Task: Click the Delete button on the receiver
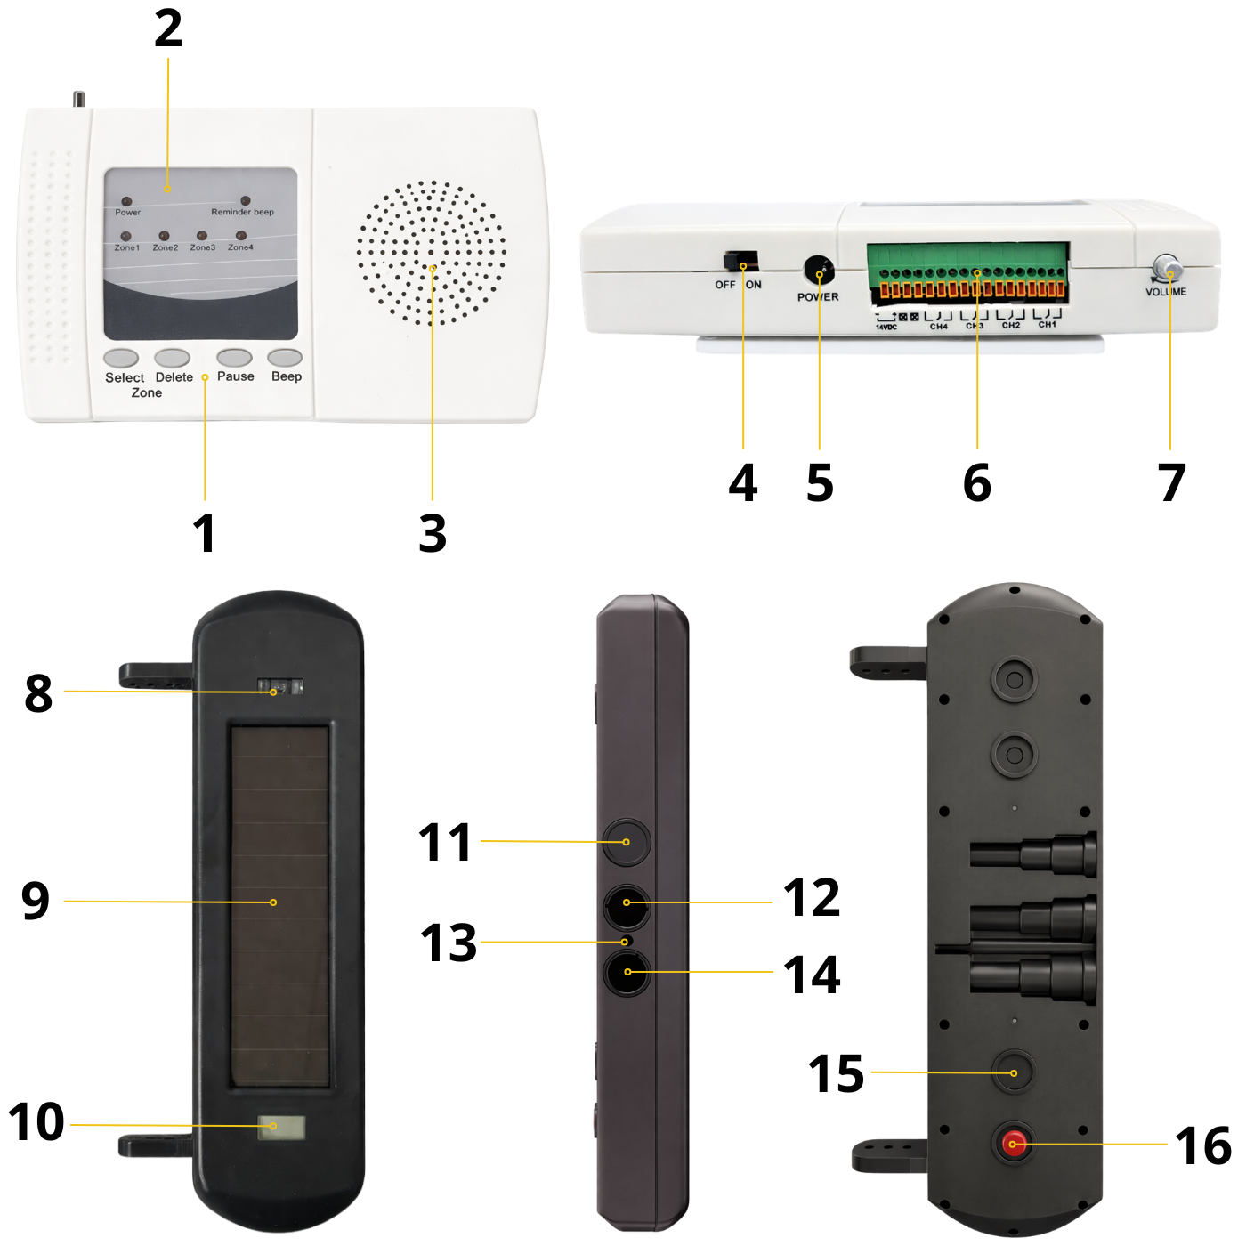click(x=172, y=358)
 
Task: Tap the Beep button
click(x=286, y=358)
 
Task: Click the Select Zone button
click(x=121, y=358)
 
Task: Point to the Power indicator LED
click(x=126, y=202)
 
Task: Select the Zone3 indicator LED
click(x=202, y=236)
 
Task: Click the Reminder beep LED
click(x=246, y=201)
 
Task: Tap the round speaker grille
click(x=432, y=254)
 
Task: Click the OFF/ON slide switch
click(x=740, y=262)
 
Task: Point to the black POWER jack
click(x=818, y=270)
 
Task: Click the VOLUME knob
click(x=1166, y=269)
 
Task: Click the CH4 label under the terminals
click(x=939, y=326)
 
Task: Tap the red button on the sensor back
click(x=1014, y=1143)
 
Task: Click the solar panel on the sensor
click(x=280, y=906)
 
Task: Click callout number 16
click(x=1203, y=1145)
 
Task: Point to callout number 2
click(x=168, y=29)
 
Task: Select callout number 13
click(x=449, y=943)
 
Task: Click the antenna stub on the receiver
click(x=79, y=99)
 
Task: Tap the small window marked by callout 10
click(x=281, y=1128)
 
